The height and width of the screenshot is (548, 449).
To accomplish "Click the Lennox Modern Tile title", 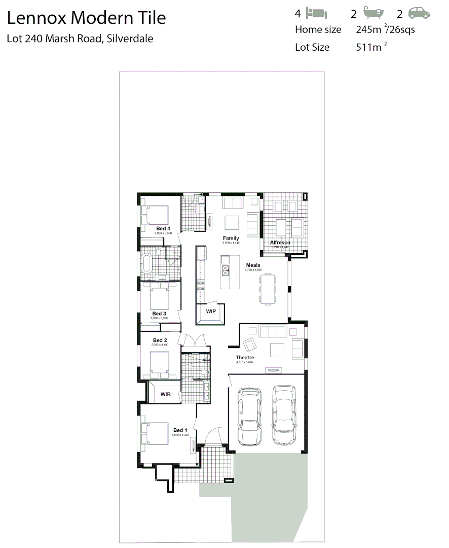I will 86,18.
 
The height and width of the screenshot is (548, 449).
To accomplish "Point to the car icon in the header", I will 419,13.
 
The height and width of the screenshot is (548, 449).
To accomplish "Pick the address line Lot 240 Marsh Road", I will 80,39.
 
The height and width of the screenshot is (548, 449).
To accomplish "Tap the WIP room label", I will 211,311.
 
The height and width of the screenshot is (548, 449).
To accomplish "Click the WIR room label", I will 165,394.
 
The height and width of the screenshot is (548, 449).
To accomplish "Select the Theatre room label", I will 245,358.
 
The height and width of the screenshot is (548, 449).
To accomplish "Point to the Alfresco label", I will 280,243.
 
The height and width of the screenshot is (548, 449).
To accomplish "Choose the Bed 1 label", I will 180,430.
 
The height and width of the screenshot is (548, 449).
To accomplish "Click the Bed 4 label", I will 163,228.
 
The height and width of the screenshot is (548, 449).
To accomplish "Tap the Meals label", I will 253,265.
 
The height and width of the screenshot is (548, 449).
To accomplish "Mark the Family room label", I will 231,238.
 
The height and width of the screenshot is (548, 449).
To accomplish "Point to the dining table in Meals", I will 269,289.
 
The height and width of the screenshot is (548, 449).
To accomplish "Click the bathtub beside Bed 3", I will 147,263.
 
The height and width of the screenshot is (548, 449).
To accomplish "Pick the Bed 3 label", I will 159,314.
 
